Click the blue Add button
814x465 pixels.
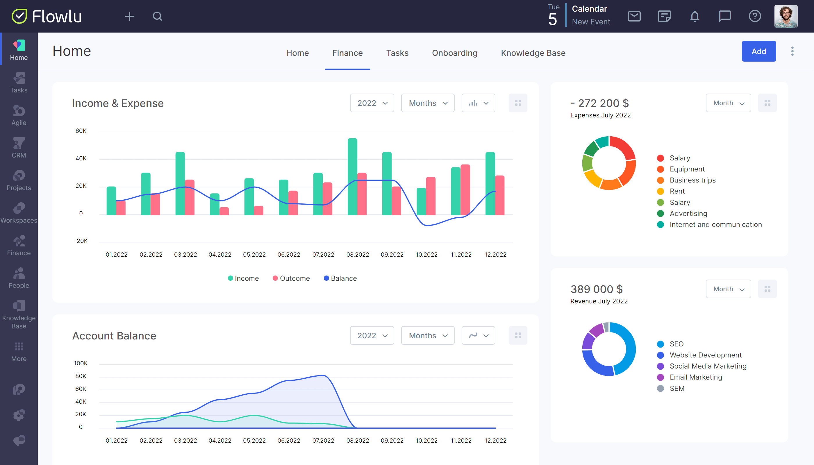pos(758,51)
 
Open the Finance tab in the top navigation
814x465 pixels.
pos(347,53)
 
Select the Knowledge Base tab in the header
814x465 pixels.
pos(533,53)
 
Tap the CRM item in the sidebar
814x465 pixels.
pos(19,148)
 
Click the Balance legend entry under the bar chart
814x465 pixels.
pos(340,278)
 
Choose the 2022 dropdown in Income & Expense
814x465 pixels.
pos(372,103)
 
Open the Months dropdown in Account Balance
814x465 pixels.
pos(427,335)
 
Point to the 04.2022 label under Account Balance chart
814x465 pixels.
pos(220,440)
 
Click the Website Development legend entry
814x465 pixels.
pos(705,355)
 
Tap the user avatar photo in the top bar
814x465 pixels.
pos(786,16)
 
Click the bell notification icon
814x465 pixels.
pos(695,16)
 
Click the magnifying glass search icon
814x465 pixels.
pos(158,16)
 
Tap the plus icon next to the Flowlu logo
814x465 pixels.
pos(129,16)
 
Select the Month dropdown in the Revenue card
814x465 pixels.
pos(728,289)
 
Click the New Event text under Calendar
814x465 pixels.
pos(591,22)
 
